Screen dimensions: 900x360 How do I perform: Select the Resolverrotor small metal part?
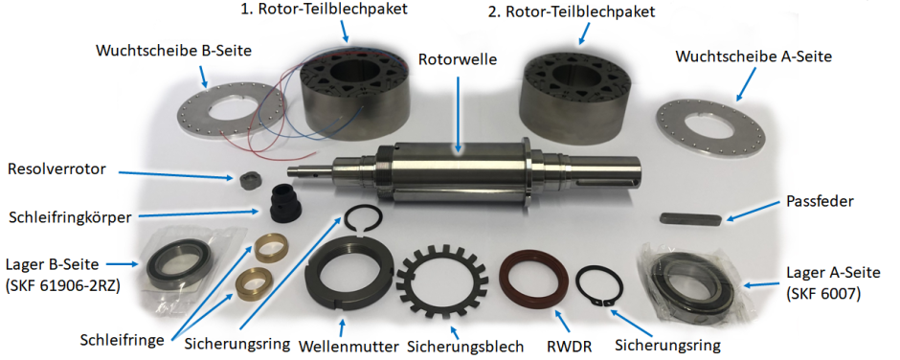249,180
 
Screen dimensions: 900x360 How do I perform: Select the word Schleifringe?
121,341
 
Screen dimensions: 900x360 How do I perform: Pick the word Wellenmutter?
349,348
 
